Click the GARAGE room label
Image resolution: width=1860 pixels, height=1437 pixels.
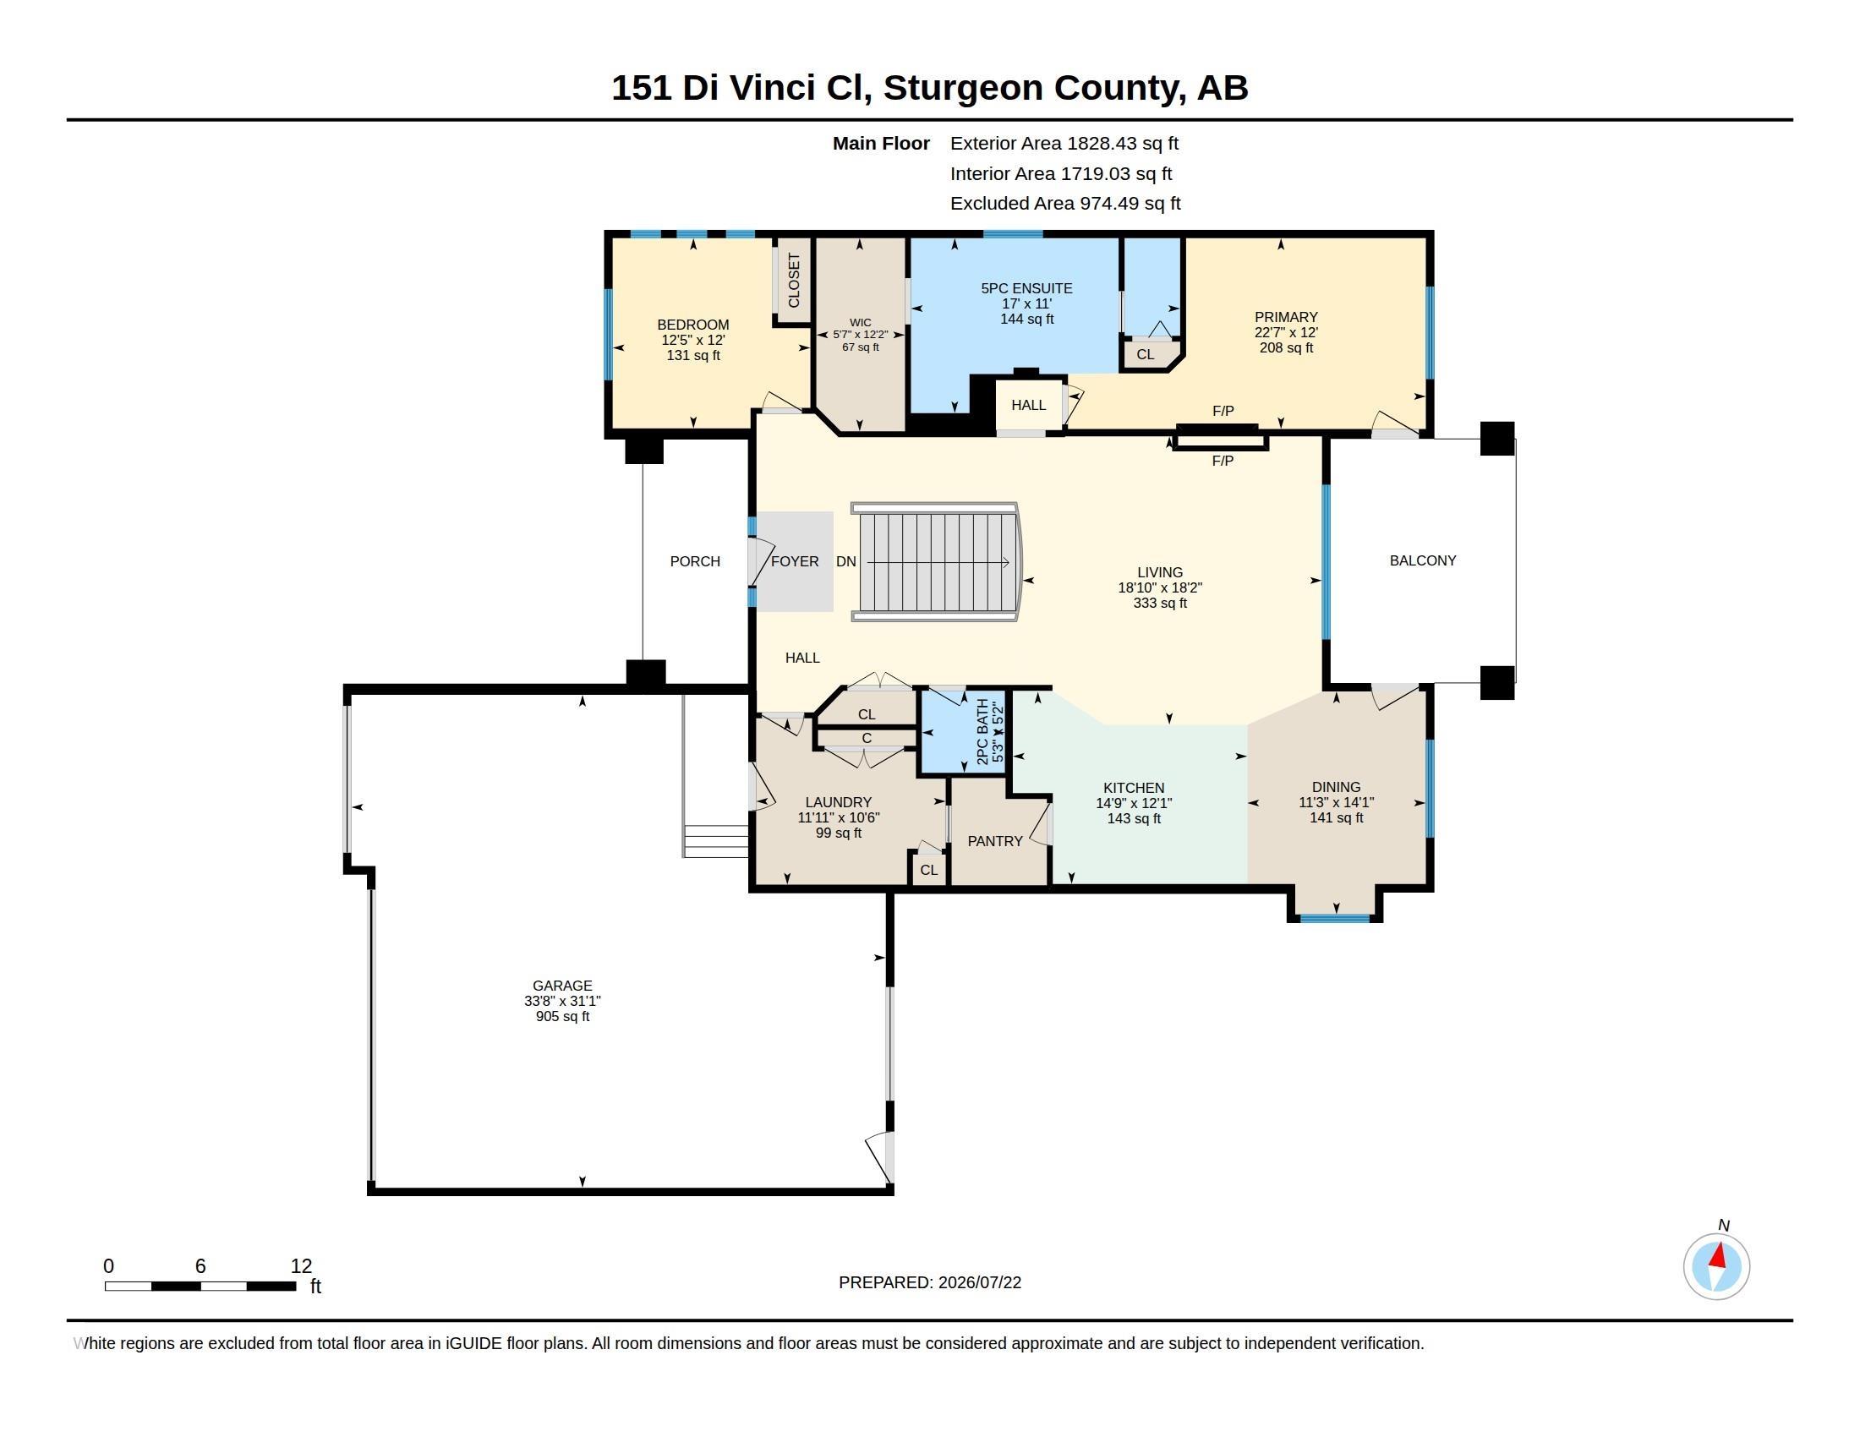pos(562,986)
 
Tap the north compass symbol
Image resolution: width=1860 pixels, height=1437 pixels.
pos(1716,1266)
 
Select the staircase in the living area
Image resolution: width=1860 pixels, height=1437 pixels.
pos(937,562)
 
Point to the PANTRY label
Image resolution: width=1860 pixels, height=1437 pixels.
pos(995,841)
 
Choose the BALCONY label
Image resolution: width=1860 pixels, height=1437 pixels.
pos(1422,560)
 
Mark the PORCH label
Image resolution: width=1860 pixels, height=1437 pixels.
pos(695,561)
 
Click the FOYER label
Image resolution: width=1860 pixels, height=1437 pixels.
pos(795,561)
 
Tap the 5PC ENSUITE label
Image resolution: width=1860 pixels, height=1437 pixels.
pos(1026,288)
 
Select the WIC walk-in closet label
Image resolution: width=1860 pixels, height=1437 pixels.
pos(860,323)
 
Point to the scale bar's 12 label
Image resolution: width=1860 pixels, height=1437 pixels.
pos(301,1266)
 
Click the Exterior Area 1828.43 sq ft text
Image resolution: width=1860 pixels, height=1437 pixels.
pos(1064,143)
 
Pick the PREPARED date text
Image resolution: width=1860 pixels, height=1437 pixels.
pos(930,1282)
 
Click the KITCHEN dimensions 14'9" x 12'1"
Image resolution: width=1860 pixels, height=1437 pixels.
pos(1134,803)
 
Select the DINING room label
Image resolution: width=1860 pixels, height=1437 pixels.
pos(1336,787)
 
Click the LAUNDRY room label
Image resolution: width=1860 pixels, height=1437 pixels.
pos(838,802)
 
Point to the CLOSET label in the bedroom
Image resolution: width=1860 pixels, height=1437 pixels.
pos(794,280)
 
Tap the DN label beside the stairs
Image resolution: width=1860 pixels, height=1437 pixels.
pos(845,561)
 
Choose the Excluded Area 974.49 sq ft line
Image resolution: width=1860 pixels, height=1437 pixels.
pos(1065,204)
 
